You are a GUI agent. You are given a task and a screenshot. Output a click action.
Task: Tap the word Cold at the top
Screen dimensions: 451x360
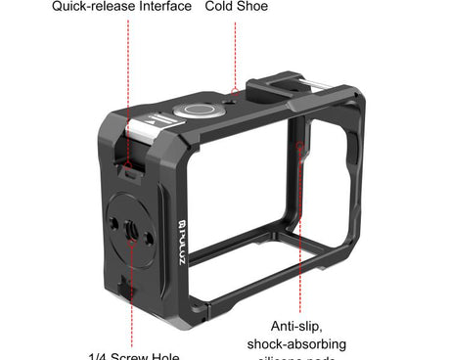tap(220, 7)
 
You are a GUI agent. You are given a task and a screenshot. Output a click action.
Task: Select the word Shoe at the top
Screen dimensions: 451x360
tap(254, 7)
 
